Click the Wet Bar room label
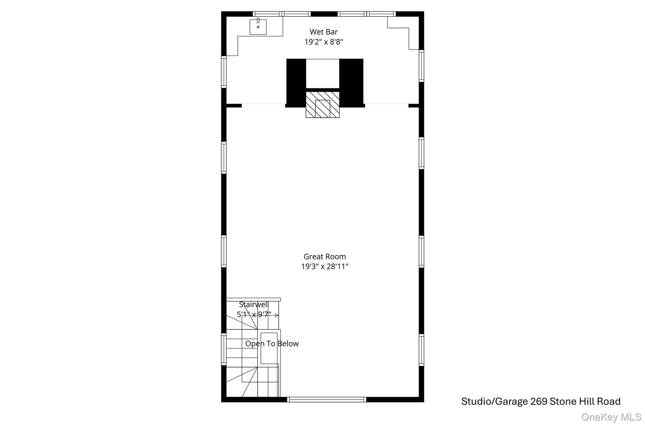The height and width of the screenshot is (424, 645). tap(323, 32)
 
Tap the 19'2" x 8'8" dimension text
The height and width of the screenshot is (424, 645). tap(324, 42)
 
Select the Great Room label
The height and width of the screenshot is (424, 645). tap(324, 257)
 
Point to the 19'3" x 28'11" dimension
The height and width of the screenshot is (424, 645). tap(325, 267)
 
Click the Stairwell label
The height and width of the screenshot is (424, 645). tap(254, 305)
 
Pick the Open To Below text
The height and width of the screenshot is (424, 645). tap(272, 344)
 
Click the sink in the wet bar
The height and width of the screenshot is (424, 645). tap(258, 27)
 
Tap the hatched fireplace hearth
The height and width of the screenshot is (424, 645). tap(322, 105)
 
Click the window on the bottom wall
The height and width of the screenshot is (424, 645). tap(326, 400)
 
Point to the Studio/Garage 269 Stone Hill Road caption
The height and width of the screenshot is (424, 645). tap(541, 402)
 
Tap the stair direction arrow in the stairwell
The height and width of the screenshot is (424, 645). tap(277, 315)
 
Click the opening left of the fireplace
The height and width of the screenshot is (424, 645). tap(263, 106)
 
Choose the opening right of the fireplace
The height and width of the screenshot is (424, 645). tap(387, 106)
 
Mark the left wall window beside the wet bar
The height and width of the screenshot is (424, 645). tap(224, 71)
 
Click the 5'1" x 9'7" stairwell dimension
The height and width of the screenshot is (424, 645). tap(254, 314)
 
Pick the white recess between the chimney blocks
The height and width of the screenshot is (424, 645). tap(322, 74)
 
